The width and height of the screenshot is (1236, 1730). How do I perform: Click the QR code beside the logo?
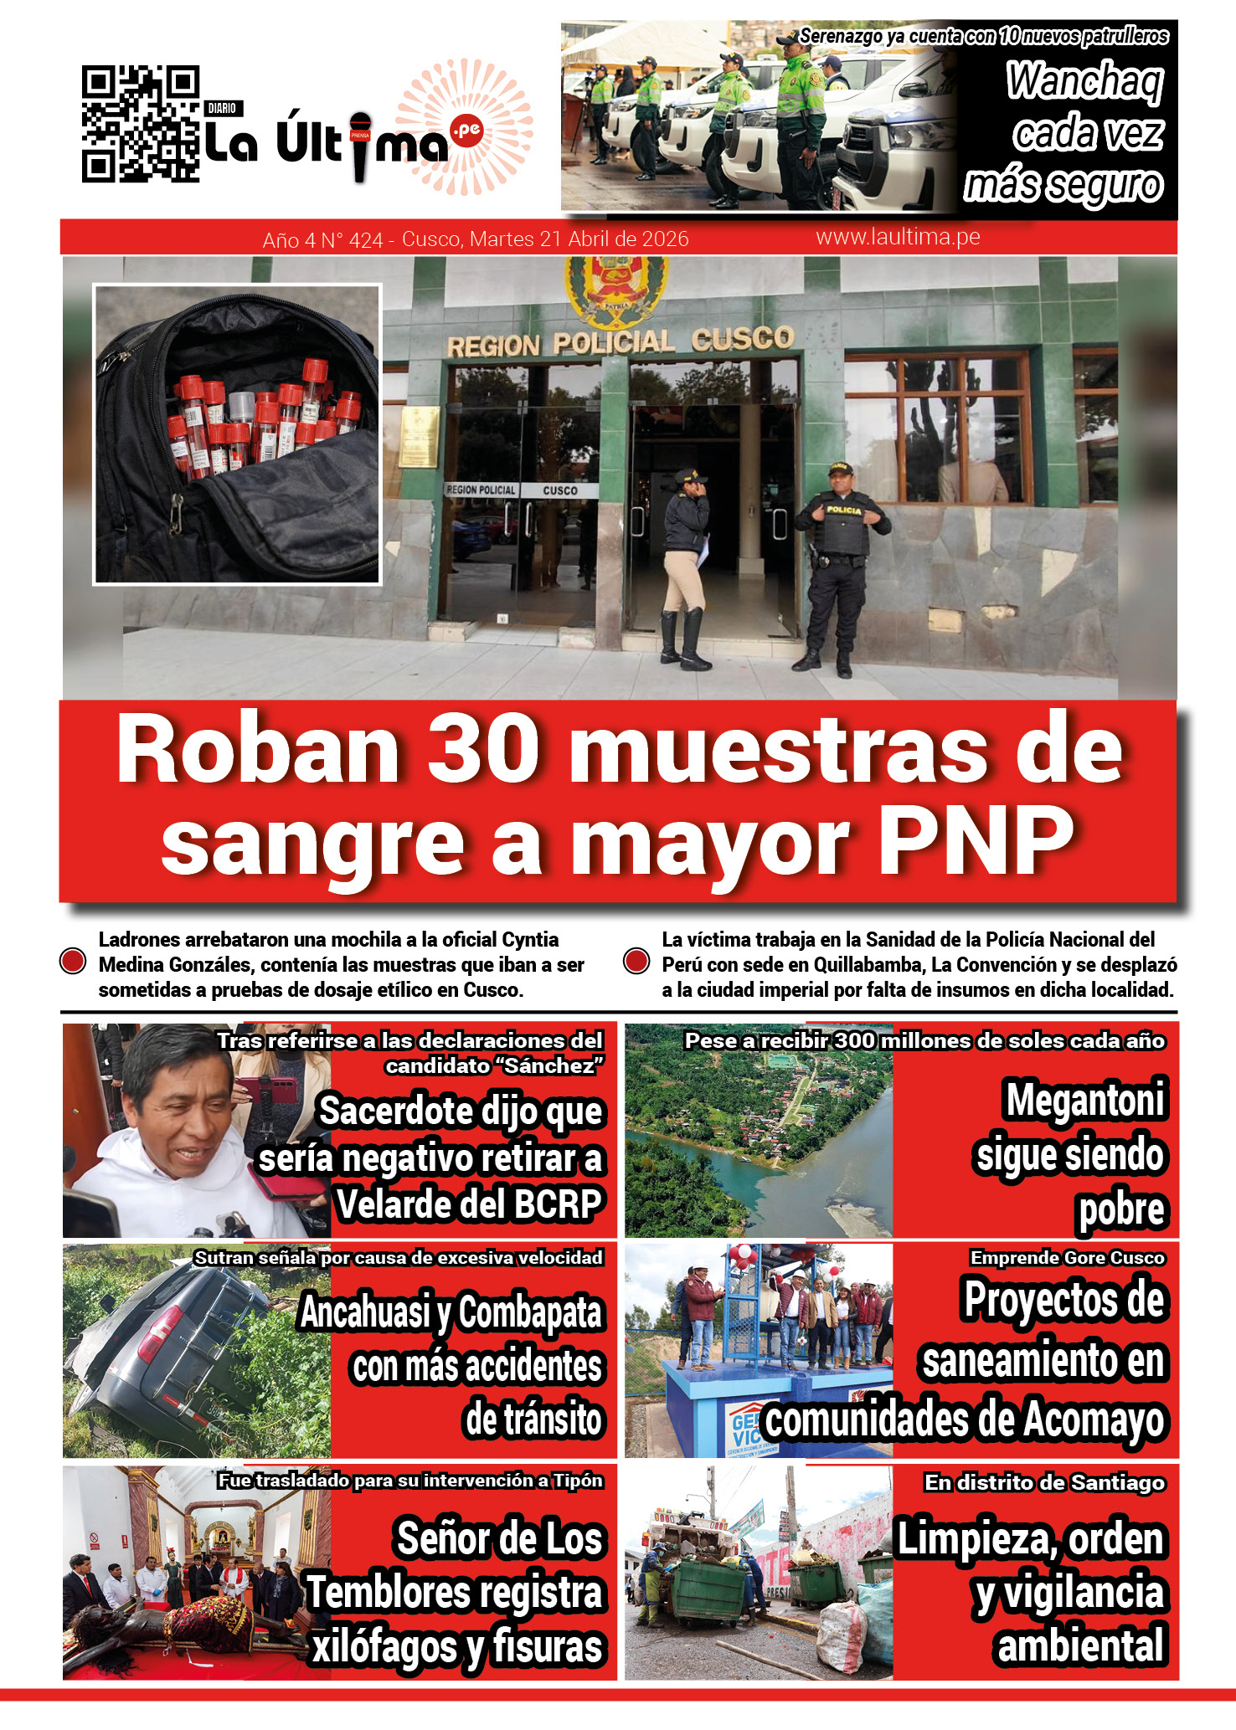pyautogui.click(x=141, y=124)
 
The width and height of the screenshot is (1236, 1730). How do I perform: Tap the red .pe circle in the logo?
pyautogui.click(x=466, y=130)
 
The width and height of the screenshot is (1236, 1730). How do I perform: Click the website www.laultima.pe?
pyautogui.click(x=898, y=238)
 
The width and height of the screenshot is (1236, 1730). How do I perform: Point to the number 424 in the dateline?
pyautogui.click(x=366, y=240)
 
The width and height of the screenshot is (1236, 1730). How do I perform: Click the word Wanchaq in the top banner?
pyautogui.click(x=1084, y=82)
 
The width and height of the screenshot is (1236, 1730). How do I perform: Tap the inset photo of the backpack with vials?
pyautogui.click(x=238, y=434)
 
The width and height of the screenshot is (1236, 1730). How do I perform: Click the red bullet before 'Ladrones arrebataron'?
pyautogui.click(x=74, y=962)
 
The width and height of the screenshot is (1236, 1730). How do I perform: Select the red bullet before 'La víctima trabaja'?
pyautogui.click(x=637, y=962)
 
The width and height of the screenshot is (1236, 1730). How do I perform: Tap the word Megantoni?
pyautogui.click(x=1085, y=1100)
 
